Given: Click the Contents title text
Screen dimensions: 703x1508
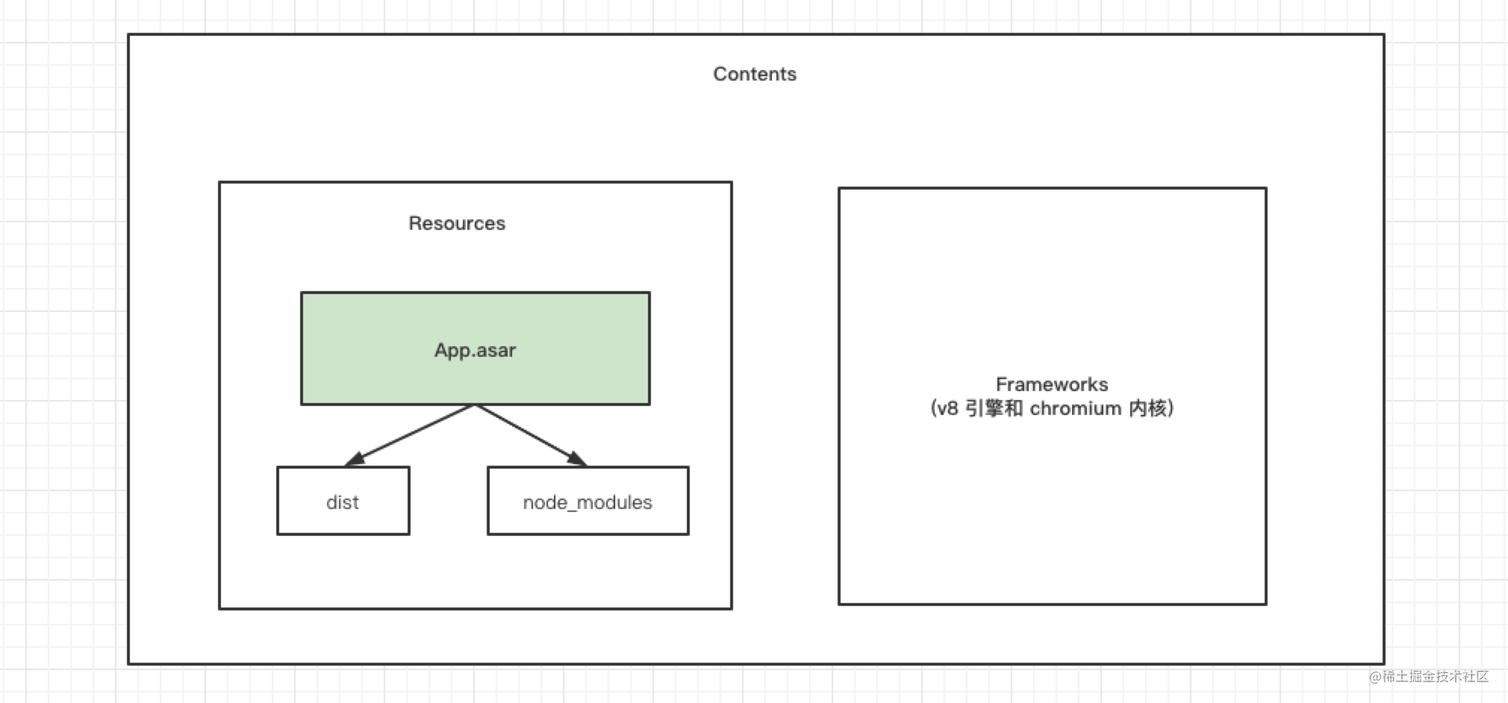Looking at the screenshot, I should click(755, 74).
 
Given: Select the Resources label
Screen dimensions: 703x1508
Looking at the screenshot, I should click(457, 223).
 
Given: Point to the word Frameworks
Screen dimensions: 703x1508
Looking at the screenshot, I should click(1052, 384).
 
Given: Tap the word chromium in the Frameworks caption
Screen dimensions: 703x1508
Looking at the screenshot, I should click(1075, 408).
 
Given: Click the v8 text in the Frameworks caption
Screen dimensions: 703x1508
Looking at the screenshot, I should click(947, 408).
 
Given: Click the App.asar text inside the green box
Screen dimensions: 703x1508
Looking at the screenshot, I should click(476, 350).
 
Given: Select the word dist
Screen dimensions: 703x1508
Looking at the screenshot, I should click(343, 502).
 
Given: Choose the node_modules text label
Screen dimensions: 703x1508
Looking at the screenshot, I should click(588, 502).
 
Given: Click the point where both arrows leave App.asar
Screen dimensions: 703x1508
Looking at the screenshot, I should click(475, 405).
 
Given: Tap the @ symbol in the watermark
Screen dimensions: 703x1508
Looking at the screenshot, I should click(1375, 677).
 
